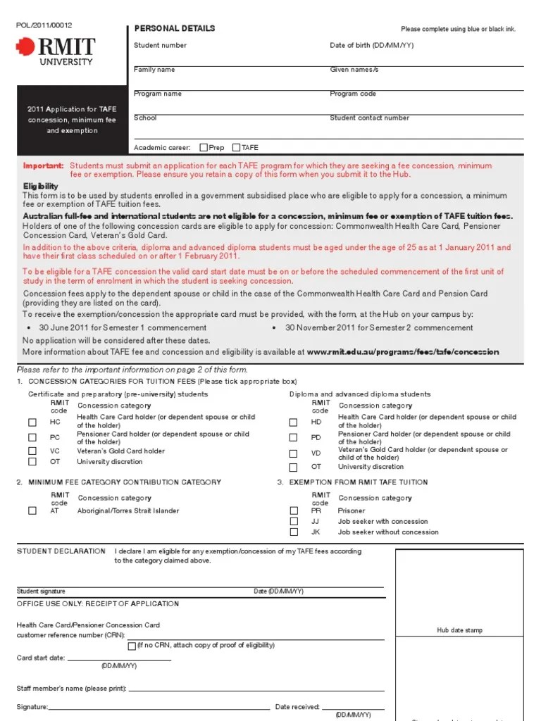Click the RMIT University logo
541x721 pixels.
pos(56,51)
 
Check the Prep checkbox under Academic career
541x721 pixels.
pos(204,148)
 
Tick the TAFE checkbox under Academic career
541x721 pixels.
pos(236,148)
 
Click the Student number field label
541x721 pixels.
pos(160,45)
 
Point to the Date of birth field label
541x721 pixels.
pos(371,45)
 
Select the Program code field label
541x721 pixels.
pos(353,94)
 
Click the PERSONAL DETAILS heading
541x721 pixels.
pos(175,28)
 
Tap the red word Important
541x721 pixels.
pos(43,165)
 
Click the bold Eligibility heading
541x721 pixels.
pos(41,186)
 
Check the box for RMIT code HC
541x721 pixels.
pos(32,422)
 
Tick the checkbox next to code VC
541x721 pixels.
pos(32,451)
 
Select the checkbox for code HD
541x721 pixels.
pos(294,422)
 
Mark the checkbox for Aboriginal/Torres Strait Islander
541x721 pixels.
pos(32,511)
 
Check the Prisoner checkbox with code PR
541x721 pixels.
pos(294,511)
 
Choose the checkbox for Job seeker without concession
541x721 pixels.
pos(294,532)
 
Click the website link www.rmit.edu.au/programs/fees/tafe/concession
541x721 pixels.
pos(403,352)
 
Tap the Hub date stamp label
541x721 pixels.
pos(459,630)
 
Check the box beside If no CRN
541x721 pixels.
pos(132,646)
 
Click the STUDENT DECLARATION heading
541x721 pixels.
pos(58,551)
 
